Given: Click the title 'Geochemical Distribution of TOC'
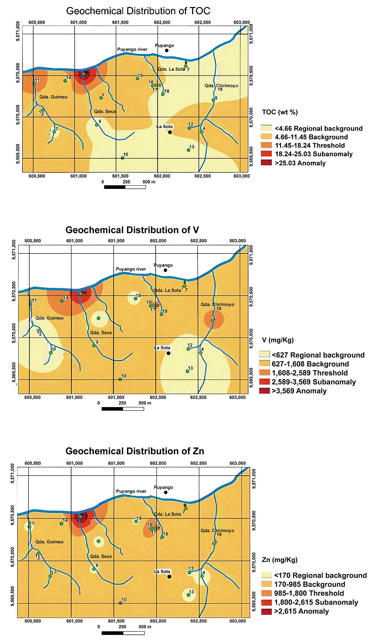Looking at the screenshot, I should (x=138, y=11).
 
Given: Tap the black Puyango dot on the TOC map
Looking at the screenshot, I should (x=167, y=51).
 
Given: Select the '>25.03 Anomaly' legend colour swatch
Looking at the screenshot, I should (x=266, y=163).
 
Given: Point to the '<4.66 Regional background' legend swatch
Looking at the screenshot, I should (x=266, y=128).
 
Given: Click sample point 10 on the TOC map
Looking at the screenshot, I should (x=122, y=158).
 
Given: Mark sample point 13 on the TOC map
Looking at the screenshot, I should (x=189, y=150).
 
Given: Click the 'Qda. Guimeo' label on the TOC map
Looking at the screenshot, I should (x=53, y=97).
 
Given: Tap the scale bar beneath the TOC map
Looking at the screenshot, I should (x=125, y=187).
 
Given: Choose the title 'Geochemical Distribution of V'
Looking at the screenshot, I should (x=132, y=230).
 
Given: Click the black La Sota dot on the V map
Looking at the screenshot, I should (x=169, y=353).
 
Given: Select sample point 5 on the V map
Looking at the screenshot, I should (x=213, y=320).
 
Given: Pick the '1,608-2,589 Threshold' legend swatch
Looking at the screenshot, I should (x=265, y=373).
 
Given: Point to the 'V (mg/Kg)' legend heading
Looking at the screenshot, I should (x=278, y=340).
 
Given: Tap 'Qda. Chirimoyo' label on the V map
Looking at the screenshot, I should (x=217, y=305).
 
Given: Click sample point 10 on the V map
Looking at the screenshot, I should (x=120, y=379).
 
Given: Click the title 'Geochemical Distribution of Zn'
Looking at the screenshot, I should (x=135, y=451).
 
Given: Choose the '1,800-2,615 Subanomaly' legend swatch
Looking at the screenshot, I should (x=266, y=602).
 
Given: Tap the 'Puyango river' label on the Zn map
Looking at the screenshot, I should (x=131, y=491).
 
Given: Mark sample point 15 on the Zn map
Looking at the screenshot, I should (x=136, y=521).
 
